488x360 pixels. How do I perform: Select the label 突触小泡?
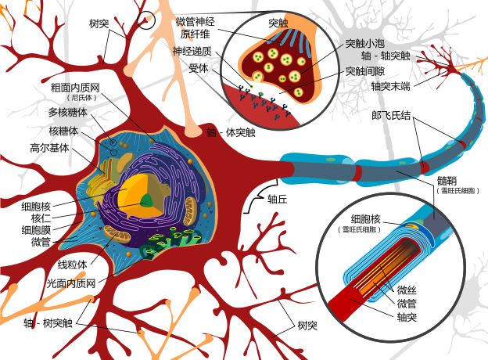[364, 44]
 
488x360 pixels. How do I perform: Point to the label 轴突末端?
[391, 86]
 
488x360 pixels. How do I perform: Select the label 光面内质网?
[70, 281]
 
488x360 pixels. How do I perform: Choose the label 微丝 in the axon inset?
[407, 290]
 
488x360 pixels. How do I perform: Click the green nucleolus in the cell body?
[146, 200]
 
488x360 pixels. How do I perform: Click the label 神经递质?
[192, 51]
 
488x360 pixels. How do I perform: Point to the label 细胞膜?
[38, 230]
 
